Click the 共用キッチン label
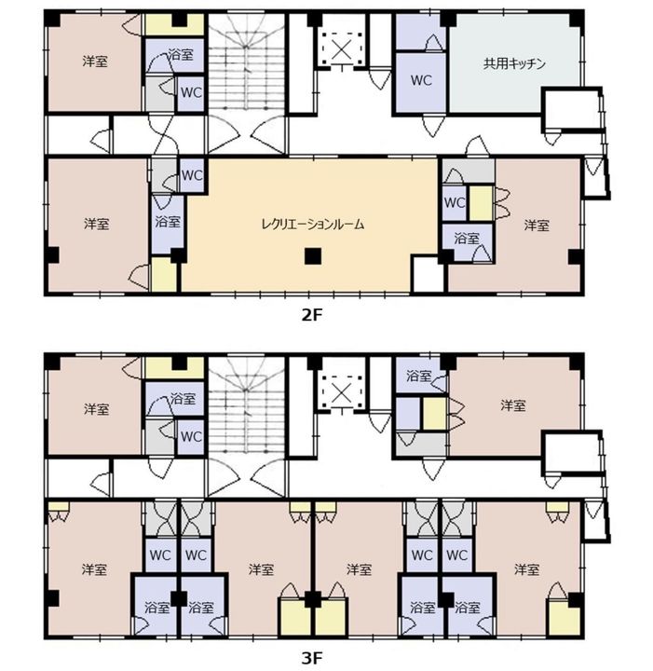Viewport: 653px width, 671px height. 514,63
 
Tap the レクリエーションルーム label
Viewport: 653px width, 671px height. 313,224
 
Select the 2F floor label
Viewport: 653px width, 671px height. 312,315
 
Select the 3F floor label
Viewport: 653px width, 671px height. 312,658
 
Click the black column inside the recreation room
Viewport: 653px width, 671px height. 313,256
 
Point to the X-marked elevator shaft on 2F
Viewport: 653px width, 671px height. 341,50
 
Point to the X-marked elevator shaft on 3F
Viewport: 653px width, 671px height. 341,393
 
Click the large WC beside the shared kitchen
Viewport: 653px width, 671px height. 421,81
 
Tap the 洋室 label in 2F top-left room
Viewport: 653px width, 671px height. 94,62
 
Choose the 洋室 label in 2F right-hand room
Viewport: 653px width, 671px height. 537,226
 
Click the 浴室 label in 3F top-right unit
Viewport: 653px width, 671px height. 418,377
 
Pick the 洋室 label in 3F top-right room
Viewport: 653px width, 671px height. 513,405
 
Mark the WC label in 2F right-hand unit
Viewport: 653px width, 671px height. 455,202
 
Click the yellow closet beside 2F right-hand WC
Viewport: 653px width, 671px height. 481,203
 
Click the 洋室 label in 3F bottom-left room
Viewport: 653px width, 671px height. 94,569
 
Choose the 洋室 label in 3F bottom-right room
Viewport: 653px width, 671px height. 527,569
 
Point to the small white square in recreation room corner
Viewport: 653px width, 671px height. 428,274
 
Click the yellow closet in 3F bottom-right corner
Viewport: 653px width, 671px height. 565,618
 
